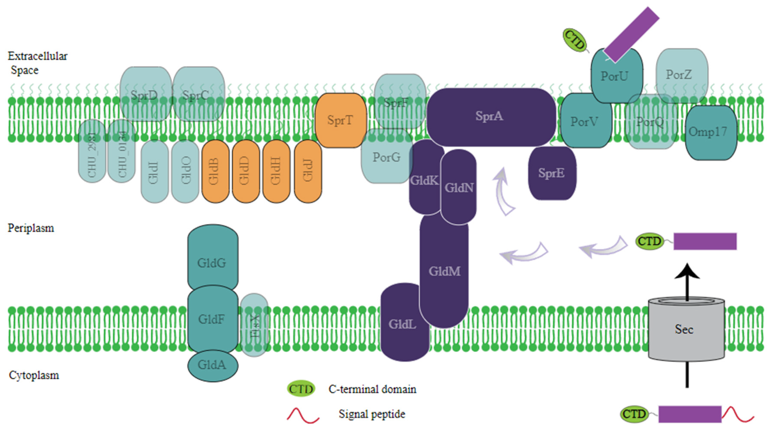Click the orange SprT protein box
340,120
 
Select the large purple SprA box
490,117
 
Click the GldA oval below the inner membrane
212,365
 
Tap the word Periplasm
31,228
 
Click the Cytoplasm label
34,375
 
